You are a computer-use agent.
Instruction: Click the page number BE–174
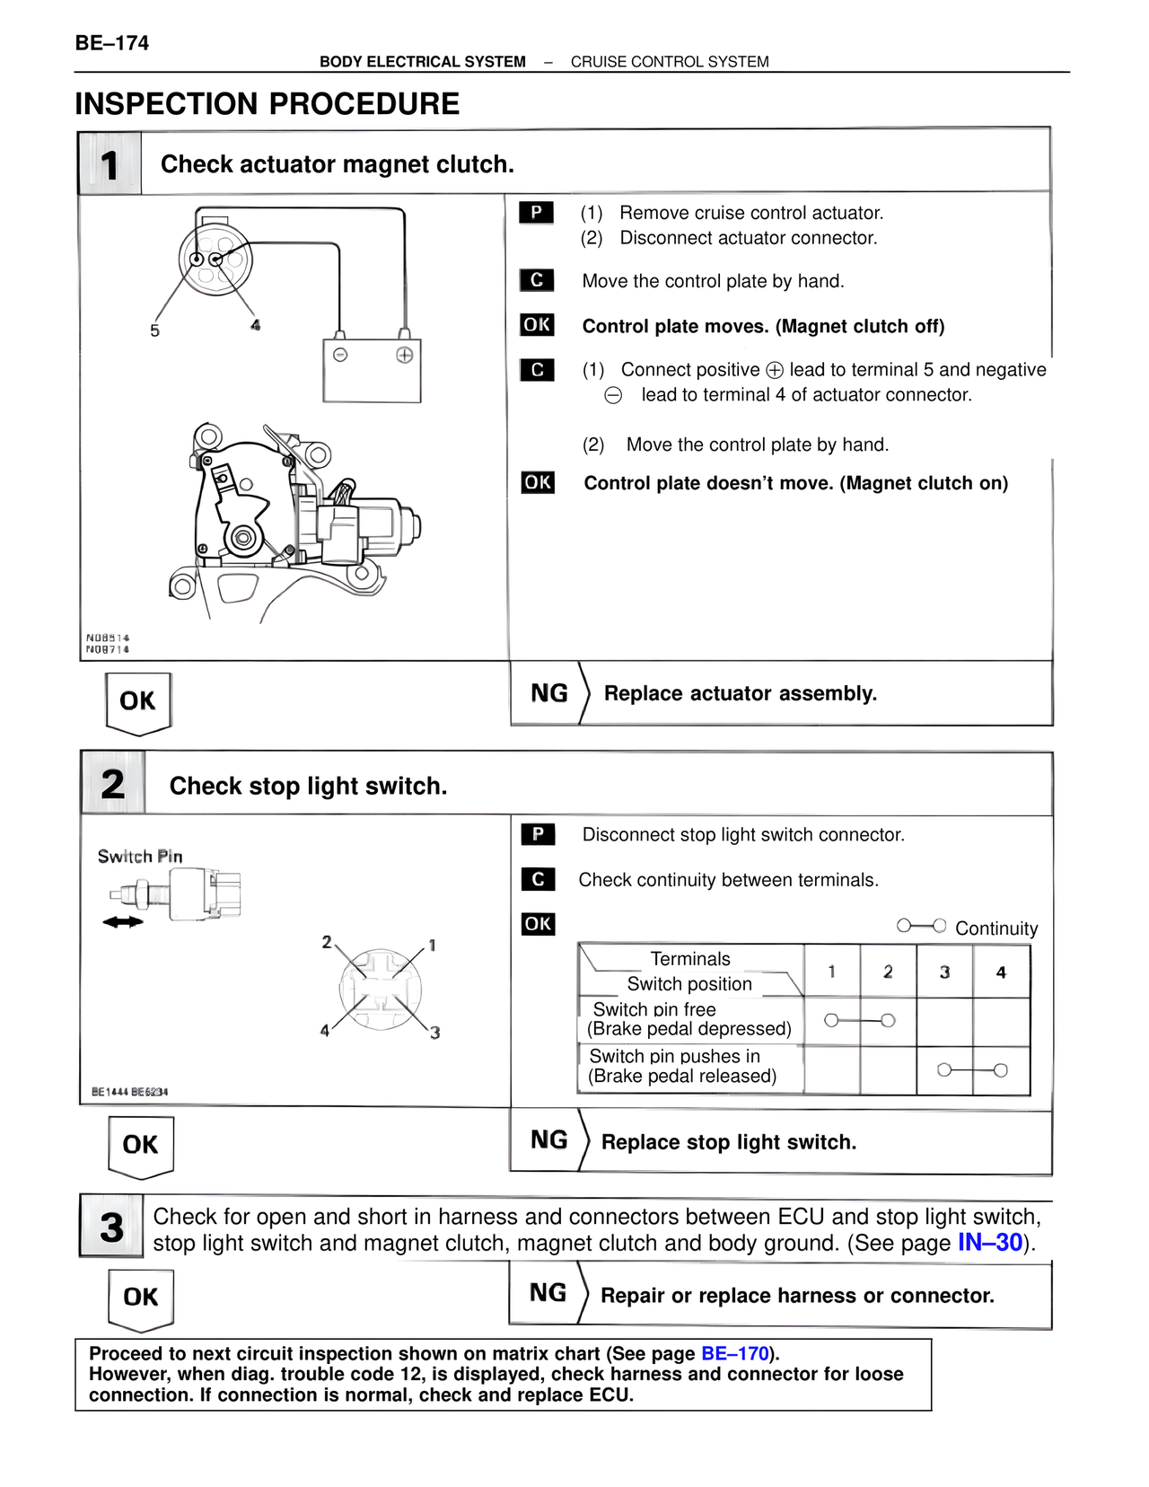coord(112,43)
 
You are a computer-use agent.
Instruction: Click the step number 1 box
coord(110,164)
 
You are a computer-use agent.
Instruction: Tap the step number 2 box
coord(113,784)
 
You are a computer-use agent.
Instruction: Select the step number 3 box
coord(111,1227)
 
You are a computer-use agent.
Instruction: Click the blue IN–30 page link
coord(990,1243)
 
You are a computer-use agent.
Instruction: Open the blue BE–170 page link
coord(735,1353)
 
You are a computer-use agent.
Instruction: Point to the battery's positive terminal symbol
coord(405,355)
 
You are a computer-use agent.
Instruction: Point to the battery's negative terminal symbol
coord(340,355)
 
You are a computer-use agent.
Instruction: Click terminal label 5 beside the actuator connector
coord(154,330)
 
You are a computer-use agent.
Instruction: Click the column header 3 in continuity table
coord(944,972)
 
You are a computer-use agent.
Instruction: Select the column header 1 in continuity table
coord(831,972)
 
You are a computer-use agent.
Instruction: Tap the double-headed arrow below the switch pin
coord(123,921)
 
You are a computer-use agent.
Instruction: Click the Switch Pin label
coord(140,857)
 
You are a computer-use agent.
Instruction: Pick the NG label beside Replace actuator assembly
coord(549,693)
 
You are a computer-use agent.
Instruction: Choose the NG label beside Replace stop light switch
coord(549,1140)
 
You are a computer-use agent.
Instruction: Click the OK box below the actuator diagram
coord(137,701)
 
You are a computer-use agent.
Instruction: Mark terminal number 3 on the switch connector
coord(435,1033)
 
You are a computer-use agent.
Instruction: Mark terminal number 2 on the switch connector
coord(327,942)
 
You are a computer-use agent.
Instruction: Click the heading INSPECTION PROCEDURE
coord(268,104)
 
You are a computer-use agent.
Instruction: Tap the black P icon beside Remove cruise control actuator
coord(536,213)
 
